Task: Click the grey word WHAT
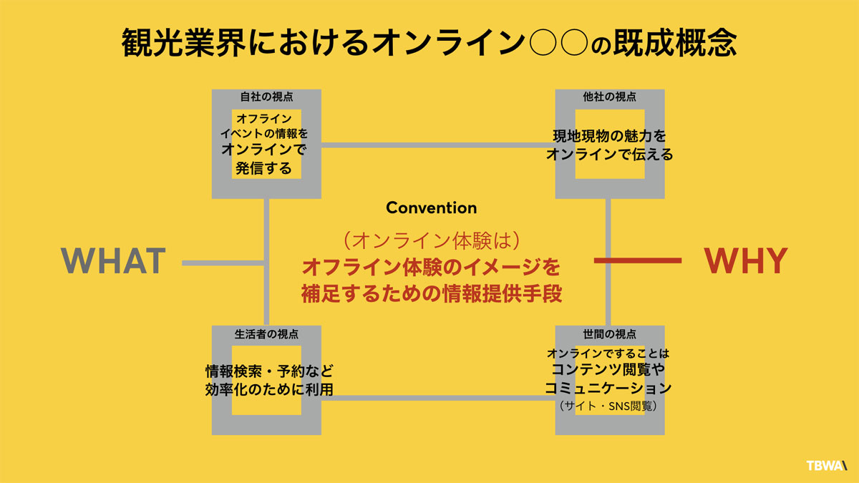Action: [x=114, y=262]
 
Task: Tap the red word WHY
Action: [x=746, y=262]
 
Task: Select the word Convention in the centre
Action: [x=431, y=208]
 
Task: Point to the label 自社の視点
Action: [x=266, y=97]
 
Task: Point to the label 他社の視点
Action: [x=610, y=97]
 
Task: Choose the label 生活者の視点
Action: [x=266, y=333]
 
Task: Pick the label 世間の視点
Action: [x=610, y=333]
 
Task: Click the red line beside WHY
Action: [x=637, y=261]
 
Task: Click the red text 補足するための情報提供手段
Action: [x=430, y=293]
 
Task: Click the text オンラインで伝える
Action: [x=610, y=154]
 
